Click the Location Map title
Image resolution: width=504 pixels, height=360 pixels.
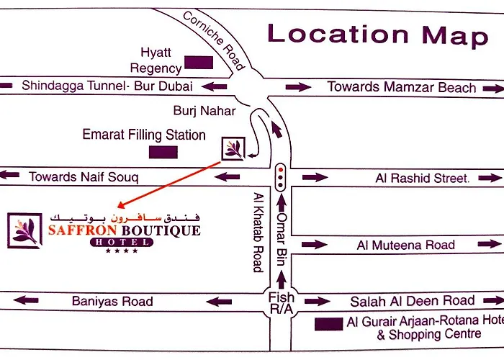378,34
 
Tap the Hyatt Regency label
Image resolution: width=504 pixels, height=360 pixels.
156,60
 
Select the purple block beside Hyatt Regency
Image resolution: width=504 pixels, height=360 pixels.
199,63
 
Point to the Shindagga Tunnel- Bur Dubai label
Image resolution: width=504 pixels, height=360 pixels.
107,86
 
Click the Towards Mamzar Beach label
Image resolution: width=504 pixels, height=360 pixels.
402,87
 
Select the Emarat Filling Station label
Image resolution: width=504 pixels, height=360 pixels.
144,135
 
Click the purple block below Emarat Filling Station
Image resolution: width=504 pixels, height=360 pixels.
163,152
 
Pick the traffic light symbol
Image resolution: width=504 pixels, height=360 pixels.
280,174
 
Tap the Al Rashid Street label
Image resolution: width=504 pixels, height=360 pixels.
422,178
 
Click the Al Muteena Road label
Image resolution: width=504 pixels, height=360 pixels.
406,245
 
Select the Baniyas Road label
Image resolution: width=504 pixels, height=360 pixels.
112,301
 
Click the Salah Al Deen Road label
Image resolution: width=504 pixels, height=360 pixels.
413,301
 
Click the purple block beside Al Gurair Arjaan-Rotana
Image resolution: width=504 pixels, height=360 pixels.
328,324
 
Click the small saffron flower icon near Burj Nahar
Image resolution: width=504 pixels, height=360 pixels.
234,148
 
